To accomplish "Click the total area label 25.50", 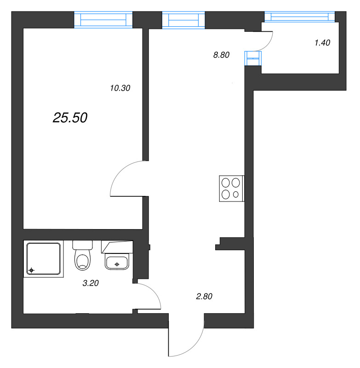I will [x=70, y=118].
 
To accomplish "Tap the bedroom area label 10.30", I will [x=121, y=88].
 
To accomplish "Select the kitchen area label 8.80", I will [x=221, y=55].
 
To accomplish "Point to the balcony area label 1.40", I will [x=322, y=43].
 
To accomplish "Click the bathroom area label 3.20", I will [x=91, y=283].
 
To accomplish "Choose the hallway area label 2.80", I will [x=204, y=297].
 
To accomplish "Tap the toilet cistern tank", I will [x=83, y=245].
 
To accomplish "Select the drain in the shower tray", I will [x=31, y=270].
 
